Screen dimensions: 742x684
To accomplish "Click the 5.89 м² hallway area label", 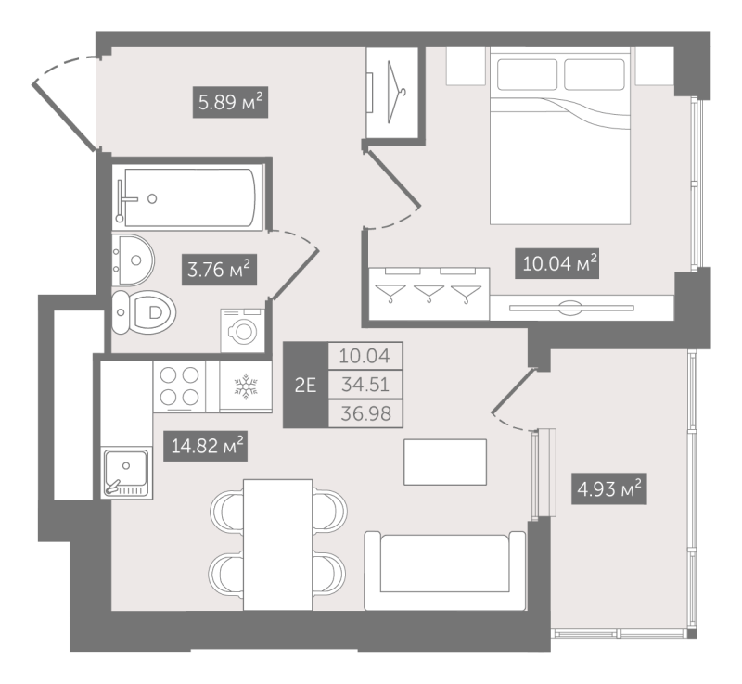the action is [230, 102].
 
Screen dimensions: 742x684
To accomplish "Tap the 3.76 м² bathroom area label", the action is [219, 270].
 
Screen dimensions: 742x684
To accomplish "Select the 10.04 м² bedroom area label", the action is [557, 263].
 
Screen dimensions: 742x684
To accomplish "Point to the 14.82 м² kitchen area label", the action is [205, 446].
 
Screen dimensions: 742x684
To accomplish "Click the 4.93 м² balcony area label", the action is [609, 488].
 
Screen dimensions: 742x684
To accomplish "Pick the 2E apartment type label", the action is [305, 385].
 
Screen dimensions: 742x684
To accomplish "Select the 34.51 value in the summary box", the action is [365, 385].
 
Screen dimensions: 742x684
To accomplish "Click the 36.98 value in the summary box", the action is [365, 414].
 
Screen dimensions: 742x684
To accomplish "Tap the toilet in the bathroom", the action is [144, 312].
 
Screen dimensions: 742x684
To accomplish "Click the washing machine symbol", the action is [243, 330].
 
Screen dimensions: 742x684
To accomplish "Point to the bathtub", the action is [187, 197].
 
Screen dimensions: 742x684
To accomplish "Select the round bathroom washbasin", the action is [133, 260].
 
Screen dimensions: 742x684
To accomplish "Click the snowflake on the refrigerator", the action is [246, 386].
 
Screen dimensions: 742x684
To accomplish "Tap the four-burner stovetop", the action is [179, 386].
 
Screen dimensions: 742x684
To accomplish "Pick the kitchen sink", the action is [126, 473].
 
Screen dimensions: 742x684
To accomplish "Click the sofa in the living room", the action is [445, 570].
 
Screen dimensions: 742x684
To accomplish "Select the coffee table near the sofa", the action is [445, 462].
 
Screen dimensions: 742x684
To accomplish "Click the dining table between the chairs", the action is [277, 544].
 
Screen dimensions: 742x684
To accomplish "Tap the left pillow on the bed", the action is [527, 74].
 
